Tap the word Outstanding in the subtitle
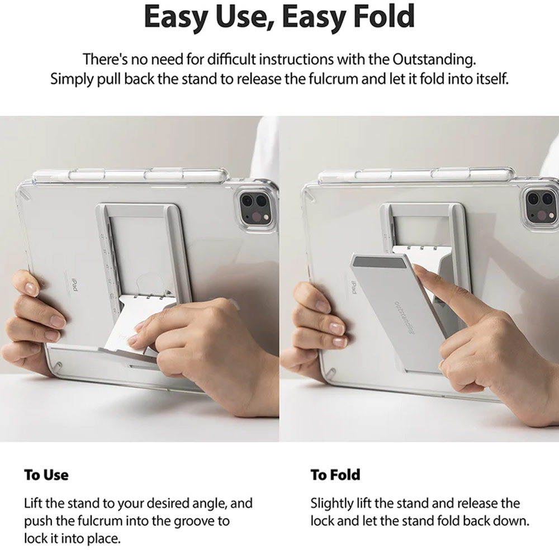(434, 59)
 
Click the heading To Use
(46, 475)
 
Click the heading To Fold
(335, 475)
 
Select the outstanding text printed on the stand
(404, 318)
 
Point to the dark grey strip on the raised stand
(380, 263)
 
